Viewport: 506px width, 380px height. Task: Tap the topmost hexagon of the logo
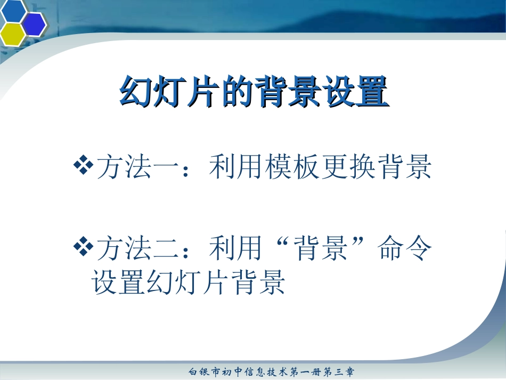pos(14,9)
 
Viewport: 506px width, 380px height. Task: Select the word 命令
pos(405,249)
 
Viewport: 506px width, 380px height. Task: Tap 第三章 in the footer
pos(341,371)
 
